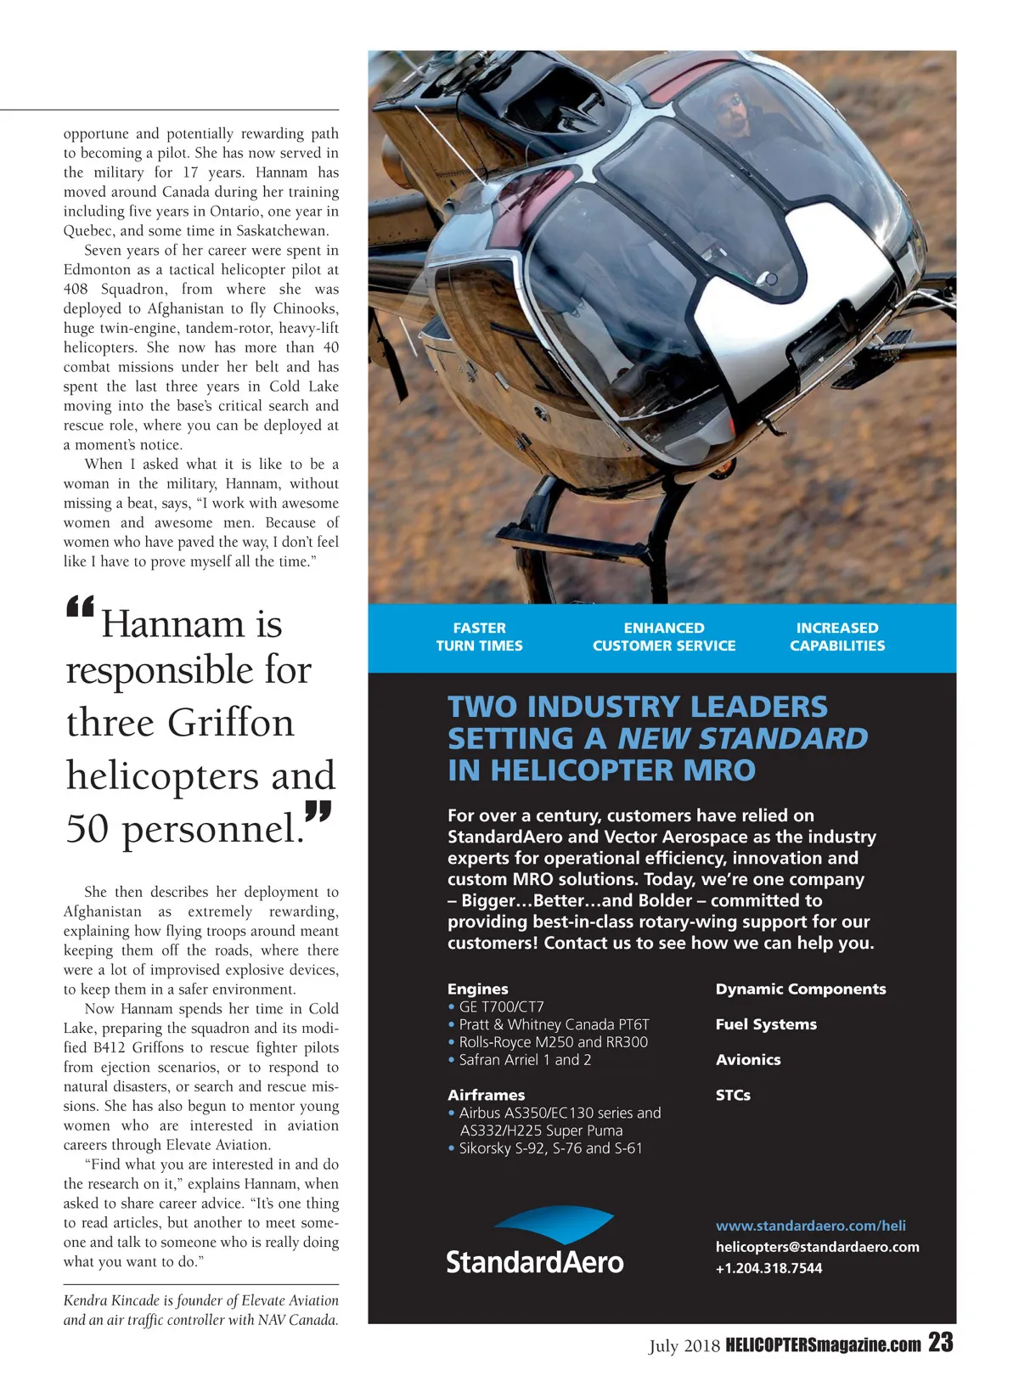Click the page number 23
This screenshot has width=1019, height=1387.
(x=940, y=1343)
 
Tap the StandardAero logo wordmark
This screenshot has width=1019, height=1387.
(x=535, y=1262)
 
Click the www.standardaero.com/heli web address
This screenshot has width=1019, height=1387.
(x=810, y=1226)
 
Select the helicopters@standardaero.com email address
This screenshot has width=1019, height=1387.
(x=817, y=1247)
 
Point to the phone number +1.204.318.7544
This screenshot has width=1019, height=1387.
(x=768, y=1268)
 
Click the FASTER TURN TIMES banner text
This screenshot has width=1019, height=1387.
(x=479, y=637)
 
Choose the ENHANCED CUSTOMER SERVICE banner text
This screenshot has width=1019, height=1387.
(x=664, y=637)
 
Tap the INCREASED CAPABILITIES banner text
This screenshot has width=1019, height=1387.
(x=836, y=637)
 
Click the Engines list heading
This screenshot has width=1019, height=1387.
(x=478, y=989)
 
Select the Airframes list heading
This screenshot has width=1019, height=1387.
(x=486, y=1095)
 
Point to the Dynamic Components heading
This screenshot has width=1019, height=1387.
(x=800, y=989)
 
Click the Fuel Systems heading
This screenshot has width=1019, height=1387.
(x=766, y=1024)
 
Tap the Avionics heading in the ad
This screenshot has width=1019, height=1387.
(x=747, y=1060)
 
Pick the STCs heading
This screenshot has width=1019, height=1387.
(x=733, y=1095)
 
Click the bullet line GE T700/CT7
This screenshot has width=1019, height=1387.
(x=501, y=1006)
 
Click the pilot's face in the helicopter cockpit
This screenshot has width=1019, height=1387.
(x=730, y=108)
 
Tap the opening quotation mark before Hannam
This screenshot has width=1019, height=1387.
(x=79, y=608)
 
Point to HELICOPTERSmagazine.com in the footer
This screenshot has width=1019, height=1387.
(x=823, y=1345)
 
